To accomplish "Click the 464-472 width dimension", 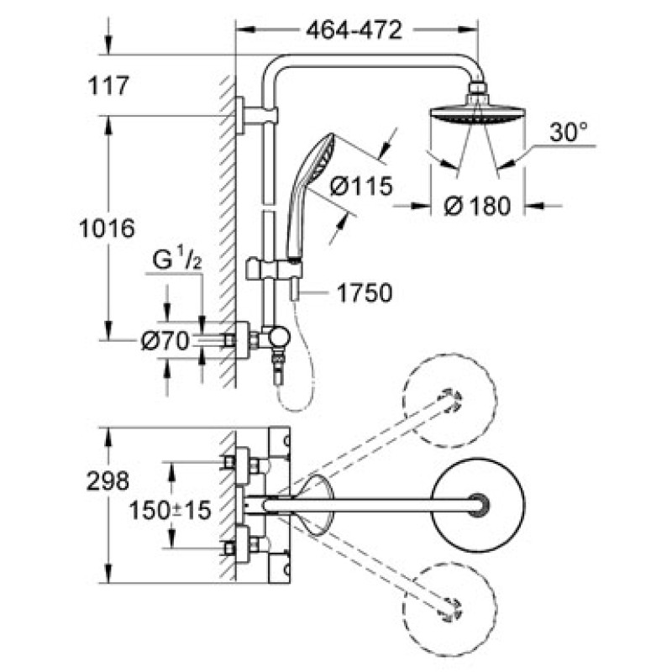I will (354, 30).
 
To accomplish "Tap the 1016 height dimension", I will (104, 228).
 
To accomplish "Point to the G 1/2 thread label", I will (176, 261).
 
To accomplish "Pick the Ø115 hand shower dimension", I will (360, 186).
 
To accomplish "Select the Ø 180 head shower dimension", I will (477, 206).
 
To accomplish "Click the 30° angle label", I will (570, 133).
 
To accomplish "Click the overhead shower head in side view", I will (476, 113).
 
